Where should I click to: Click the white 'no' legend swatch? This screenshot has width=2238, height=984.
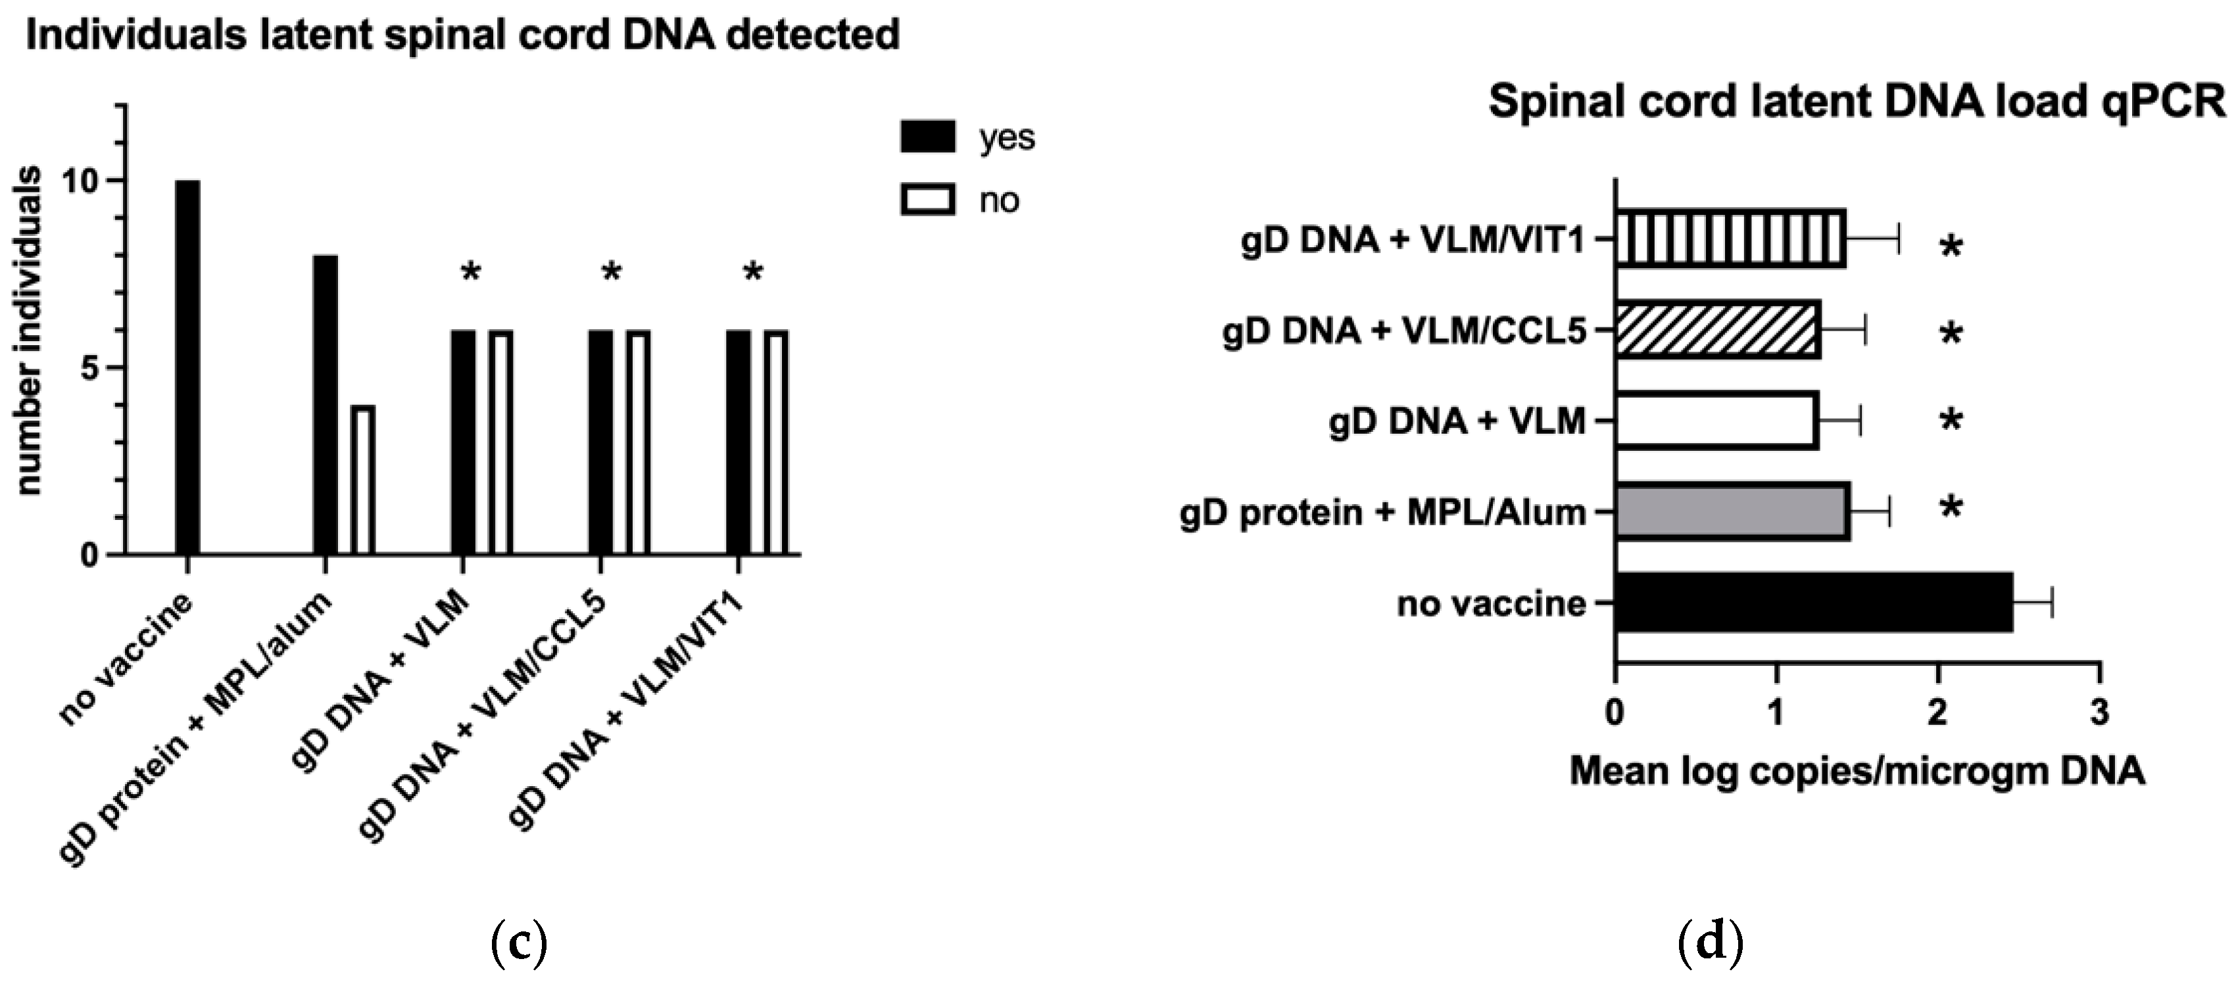point(927,200)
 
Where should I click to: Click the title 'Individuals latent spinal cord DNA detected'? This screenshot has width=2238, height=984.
point(462,35)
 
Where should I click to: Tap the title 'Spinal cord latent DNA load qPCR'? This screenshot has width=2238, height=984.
point(1857,103)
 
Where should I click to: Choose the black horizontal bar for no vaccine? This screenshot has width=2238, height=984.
point(1812,602)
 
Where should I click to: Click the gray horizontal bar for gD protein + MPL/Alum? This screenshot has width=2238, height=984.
point(1732,511)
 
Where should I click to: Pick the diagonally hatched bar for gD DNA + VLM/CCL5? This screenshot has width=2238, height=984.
point(1718,330)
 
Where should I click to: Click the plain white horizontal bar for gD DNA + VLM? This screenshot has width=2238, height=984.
point(1716,420)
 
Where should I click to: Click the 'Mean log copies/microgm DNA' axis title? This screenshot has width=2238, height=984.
point(1857,771)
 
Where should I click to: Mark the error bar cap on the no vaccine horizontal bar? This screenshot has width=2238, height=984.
point(2052,602)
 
